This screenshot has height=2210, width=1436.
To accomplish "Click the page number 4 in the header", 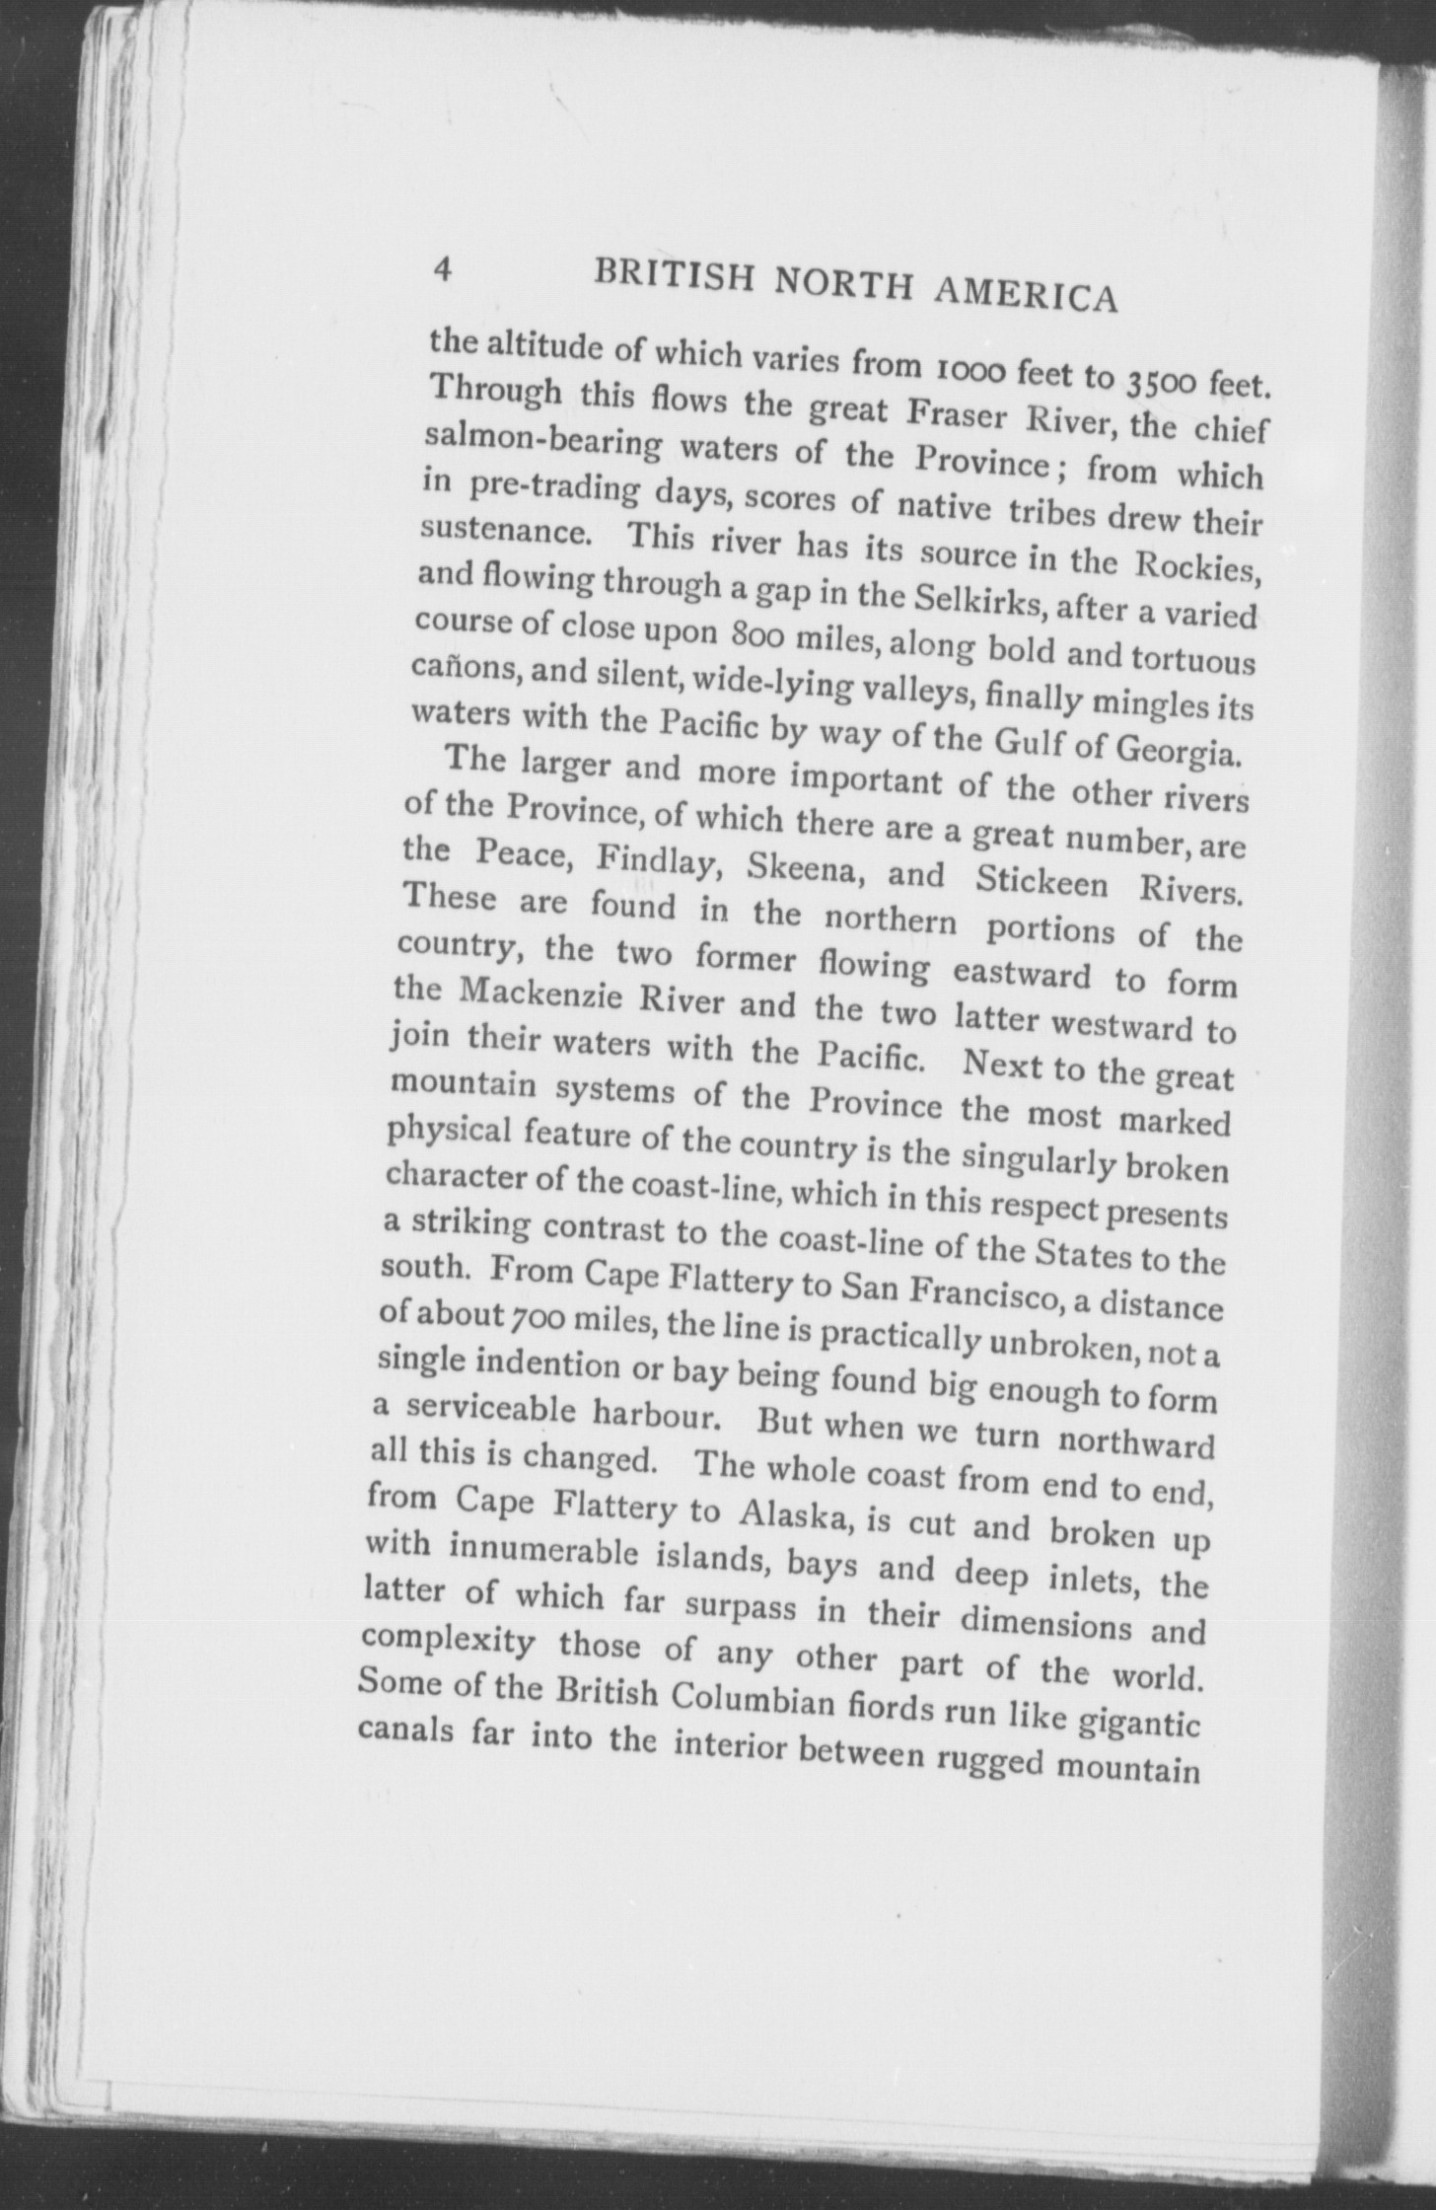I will [443, 269].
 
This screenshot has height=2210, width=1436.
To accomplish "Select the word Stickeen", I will [1040, 878].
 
